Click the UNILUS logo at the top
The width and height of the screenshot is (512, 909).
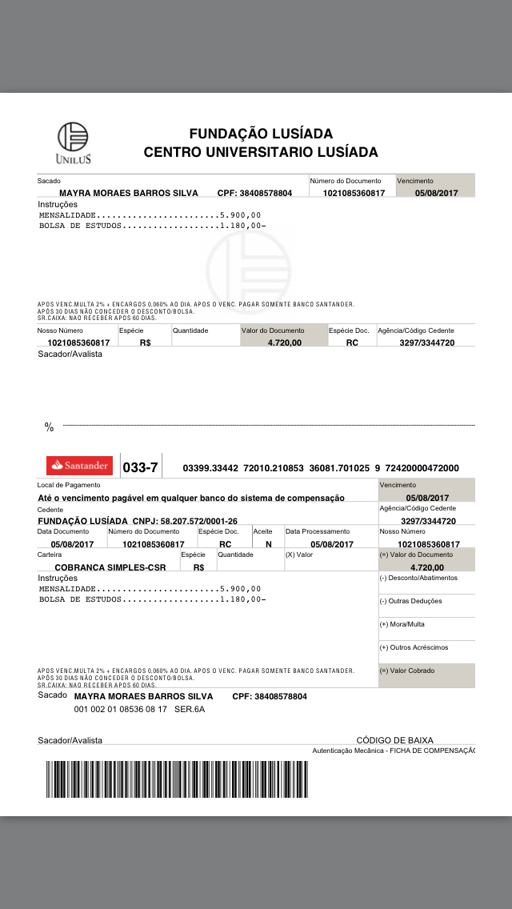[x=74, y=143]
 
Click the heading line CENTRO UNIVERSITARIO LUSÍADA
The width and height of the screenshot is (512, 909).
[x=260, y=152]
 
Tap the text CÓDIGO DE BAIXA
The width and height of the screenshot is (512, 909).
[x=394, y=740]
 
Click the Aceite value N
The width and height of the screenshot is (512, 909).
[x=268, y=544]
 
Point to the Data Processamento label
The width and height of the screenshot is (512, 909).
[x=318, y=531]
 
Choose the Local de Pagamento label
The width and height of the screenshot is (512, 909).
[x=69, y=485]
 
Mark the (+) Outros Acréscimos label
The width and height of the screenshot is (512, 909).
[x=414, y=647]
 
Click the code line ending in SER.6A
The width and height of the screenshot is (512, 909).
[x=139, y=709]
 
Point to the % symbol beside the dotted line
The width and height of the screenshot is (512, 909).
[x=49, y=428]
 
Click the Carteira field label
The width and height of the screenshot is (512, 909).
[x=50, y=555]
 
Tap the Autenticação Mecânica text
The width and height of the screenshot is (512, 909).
[x=392, y=751]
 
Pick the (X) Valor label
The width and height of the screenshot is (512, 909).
[x=300, y=555]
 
